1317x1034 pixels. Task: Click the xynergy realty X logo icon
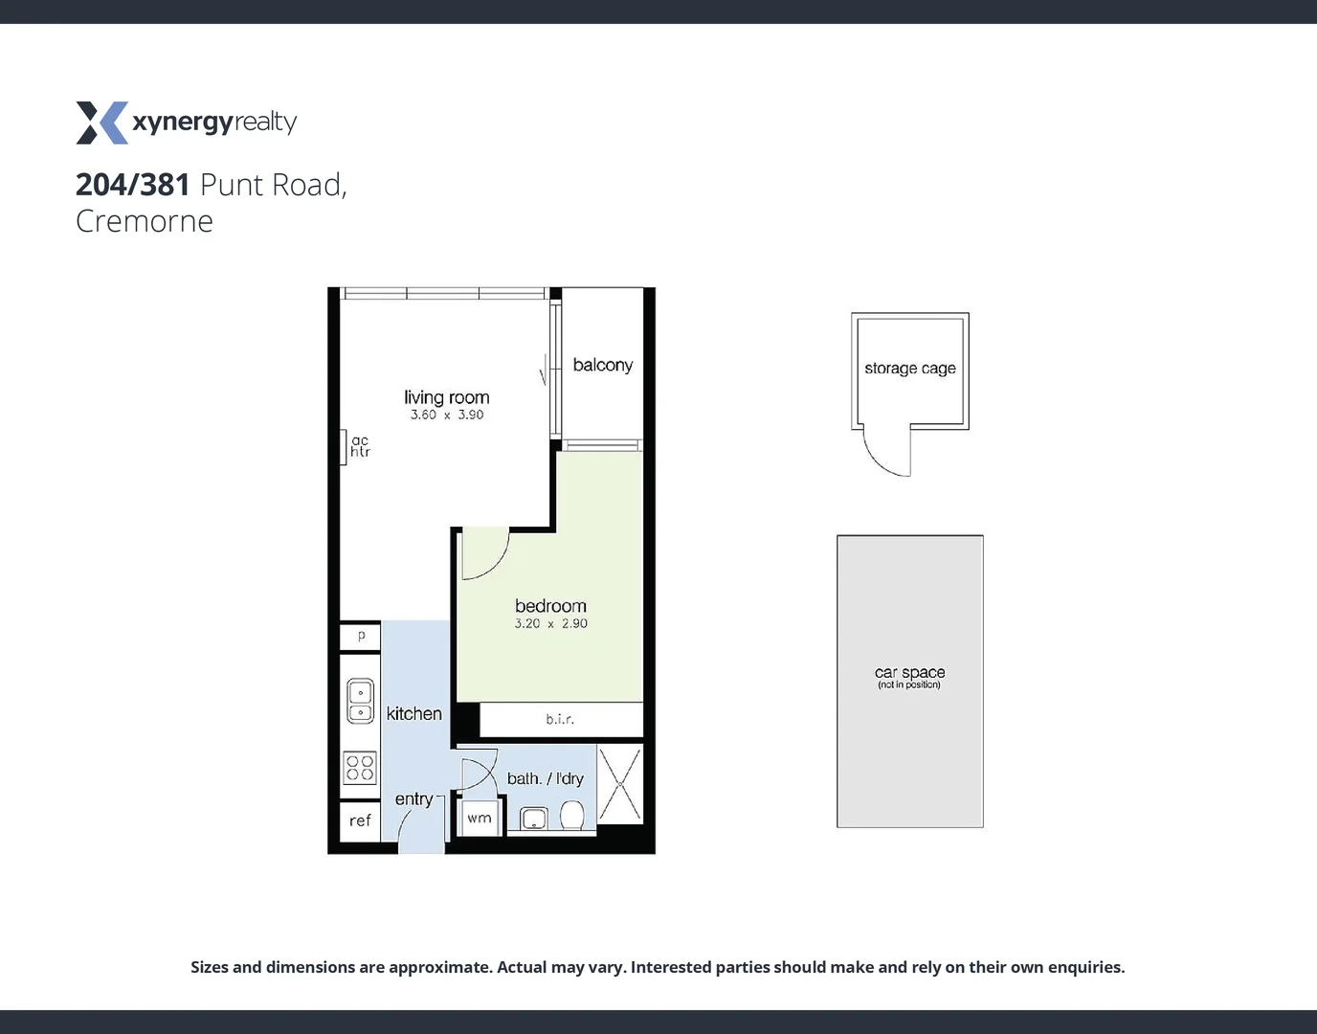pyautogui.click(x=101, y=123)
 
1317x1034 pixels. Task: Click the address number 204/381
pyautogui.click(x=133, y=184)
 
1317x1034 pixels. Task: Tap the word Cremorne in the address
pyautogui.click(x=145, y=221)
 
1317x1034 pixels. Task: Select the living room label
pyautogui.click(x=446, y=397)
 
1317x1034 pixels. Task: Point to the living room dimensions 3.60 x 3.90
pyautogui.click(x=447, y=415)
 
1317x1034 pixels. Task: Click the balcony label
pyautogui.click(x=602, y=365)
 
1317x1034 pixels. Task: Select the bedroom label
pyautogui.click(x=550, y=606)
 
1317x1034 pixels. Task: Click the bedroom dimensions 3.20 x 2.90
pyautogui.click(x=550, y=623)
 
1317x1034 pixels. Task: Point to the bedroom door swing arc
pyautogui.click(x=486, y=557)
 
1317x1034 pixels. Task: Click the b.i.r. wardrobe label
pyautogui.click(x=560, y=719)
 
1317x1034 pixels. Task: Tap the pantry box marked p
pyautogui.click(x=361, y=636)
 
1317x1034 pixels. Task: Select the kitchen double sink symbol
pyautogui.click(x=360, y=701)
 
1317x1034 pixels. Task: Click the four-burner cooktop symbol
pyautogui.click(x=360, y=768)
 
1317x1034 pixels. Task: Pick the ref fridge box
pyautogui.click(x=360, y=820)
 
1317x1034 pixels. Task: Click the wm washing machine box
pyautogui.click(x=480, y=819)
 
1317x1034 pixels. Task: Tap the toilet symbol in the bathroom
pyautogui.click(x=572, y=817)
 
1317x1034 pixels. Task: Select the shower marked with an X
pyautogui.click(x=620, y=784)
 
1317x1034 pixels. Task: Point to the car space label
pyautogui.click(x=909, y=673)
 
